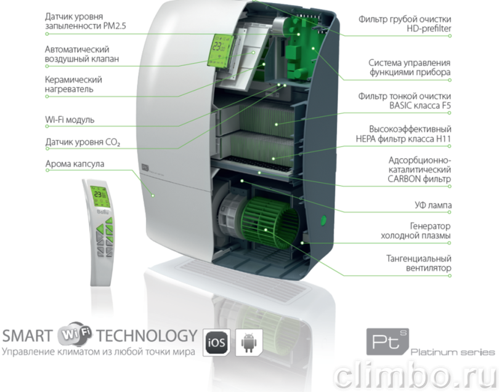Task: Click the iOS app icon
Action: click(x=216, y=342)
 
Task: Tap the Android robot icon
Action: click(x=249, y=342)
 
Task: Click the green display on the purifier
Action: click(x=219, y=50)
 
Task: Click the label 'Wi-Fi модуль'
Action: click(x=70, y=119)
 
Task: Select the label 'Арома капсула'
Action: click(x=75, y=164)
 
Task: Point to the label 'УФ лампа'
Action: click(x=433, y=206)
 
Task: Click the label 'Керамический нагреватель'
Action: click(x=73, y=84)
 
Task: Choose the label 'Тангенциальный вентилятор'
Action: click(x=419, y=263)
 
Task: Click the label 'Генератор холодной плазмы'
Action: click(x=416, y=231)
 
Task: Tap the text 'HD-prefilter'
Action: click(x=429, y=28)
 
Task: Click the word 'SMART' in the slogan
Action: click(x=27, y=336)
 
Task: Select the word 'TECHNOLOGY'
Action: click(x=147, y=336)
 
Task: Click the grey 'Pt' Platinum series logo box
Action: click(x=387, y=342)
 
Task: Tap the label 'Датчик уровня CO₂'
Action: click(x=83, y=142)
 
